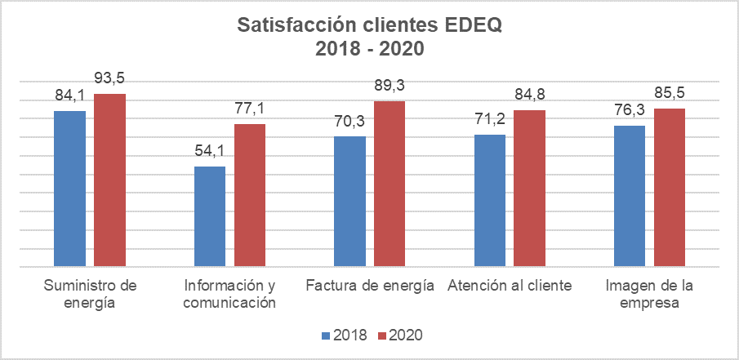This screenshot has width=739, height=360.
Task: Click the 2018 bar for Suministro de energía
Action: click(x=69, y=189)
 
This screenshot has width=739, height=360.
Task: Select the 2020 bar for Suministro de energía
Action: click(x=109, y=180)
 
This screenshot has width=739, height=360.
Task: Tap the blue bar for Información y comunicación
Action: click(x=210, y=216)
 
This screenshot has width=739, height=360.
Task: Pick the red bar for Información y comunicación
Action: click(x=250, y=195)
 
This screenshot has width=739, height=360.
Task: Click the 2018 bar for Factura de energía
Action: click(x=350, y=202)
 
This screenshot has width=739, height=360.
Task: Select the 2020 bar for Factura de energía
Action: click(x=390, y=184)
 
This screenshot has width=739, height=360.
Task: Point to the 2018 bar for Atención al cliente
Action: click(x=490, y=201)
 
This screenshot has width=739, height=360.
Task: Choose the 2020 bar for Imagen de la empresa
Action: click(x=669, y=187)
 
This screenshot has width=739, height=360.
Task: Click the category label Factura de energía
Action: click(x=369, y=287)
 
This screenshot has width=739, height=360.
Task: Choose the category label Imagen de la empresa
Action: click(x=649, y=295)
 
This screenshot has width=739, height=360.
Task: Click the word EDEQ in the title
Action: click(x=474, y=26)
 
